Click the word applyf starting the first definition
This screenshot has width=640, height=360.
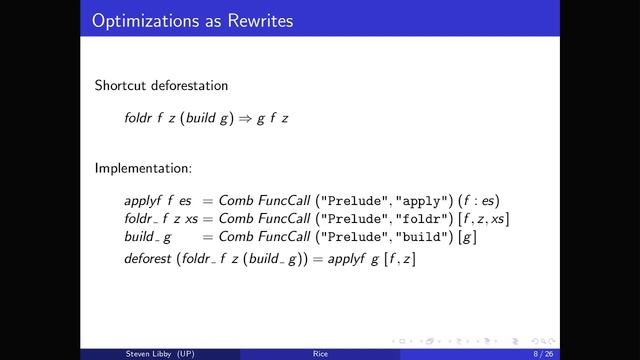142,199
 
